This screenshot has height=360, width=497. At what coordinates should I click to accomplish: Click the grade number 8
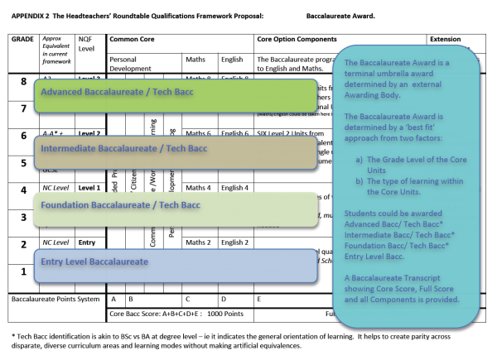tap(24, 82)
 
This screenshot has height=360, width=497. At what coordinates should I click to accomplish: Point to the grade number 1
tap(24, 271)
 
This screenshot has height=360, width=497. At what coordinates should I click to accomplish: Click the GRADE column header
tap(22, 40)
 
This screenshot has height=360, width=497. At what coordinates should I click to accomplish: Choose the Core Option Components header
tap(297, 40)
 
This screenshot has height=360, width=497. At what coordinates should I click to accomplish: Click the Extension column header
tap(451, 40)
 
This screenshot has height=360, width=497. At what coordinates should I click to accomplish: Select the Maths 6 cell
tap(199, 133)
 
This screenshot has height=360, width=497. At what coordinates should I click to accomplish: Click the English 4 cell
tap(235, 188)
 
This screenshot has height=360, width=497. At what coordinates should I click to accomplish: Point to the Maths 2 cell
tap(199, 242)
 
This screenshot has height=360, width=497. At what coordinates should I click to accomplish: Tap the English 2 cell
tap(235, 242)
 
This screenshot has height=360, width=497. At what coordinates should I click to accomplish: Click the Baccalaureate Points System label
tap(55, 299)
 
